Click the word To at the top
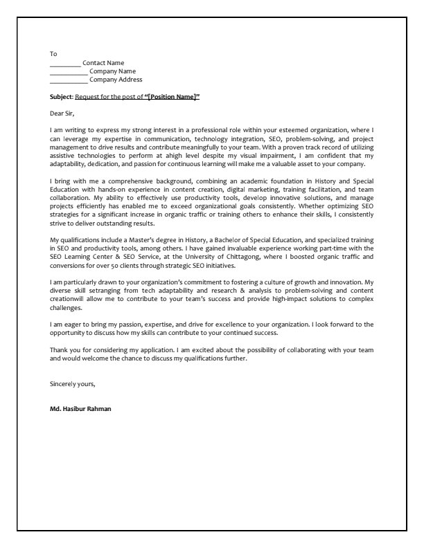(x=53, y=53)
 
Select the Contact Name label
(x=103, y=62)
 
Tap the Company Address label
(x=116, y=80)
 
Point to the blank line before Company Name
(x=69, y=71)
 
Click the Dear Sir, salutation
(x=62, y=113)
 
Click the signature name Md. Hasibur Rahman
(x=80, y=408)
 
